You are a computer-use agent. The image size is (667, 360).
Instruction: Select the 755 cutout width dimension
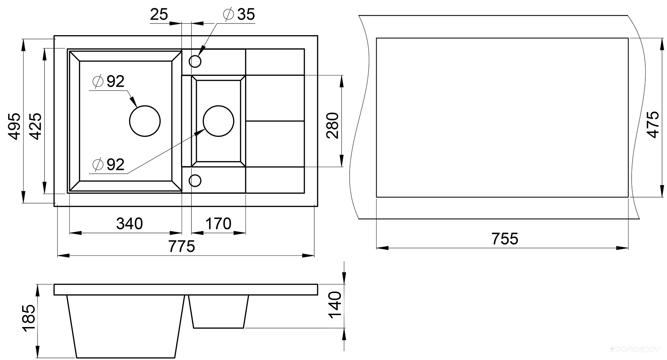pyautogui.click(x=505, y=239)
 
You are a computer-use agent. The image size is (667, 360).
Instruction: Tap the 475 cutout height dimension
pyautogui.click(x=653, y=125)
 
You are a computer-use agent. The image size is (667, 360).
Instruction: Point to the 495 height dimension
pyautogui.click(x=14, y=126)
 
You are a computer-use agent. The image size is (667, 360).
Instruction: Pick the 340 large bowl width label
pyautogui.click(x=129, y=224)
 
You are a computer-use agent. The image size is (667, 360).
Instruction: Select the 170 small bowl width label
pyautogui.click(x=218, y=224)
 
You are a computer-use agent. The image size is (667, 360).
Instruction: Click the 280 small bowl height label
pyautogui.click(x=332, y=126)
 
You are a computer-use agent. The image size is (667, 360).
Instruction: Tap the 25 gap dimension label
pyautogui.click(x=159, y=14)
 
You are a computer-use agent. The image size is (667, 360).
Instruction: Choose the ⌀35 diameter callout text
pyautogui.click(x=238, y=14)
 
